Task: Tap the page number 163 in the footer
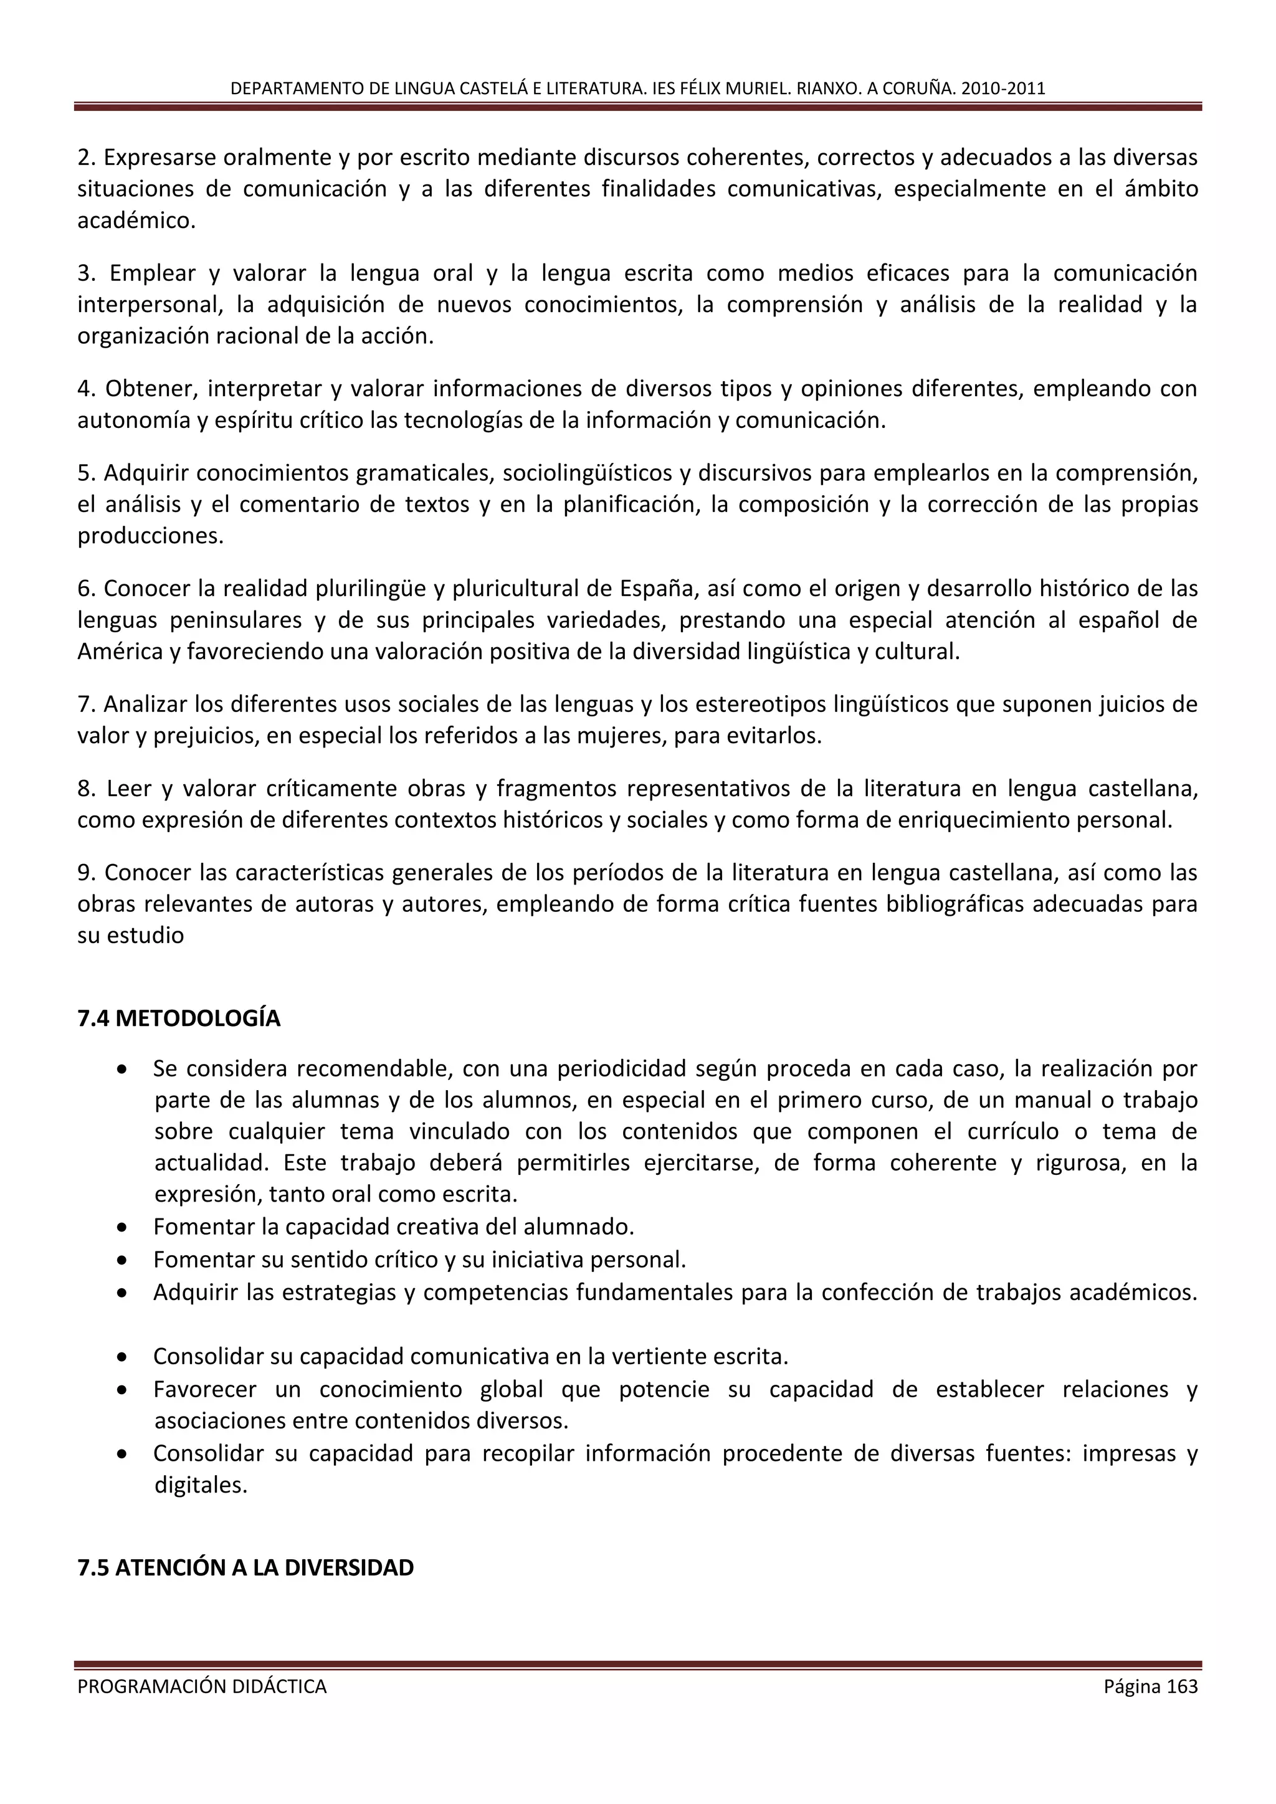1183,1686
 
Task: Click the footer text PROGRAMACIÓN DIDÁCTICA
202,1686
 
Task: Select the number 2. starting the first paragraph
87,158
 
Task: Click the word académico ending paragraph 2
135,221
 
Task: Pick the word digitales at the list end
201,1485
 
